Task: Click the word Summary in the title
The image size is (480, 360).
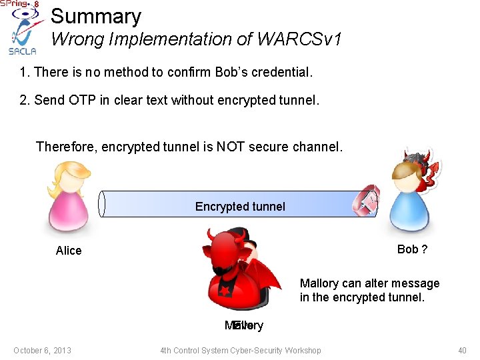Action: [96, 17]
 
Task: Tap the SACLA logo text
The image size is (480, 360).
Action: [22, 51]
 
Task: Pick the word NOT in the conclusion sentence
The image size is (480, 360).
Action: [230, 147]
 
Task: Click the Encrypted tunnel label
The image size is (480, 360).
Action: [239, 207]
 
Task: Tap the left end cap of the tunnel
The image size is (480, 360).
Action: [102, 204]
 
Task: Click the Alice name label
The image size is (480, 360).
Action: [69, 251]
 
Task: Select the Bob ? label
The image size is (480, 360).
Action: [412, 249]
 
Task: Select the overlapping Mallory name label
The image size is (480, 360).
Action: [244, 326]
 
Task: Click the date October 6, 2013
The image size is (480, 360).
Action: [42, 351]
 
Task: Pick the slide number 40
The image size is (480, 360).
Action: [462, 351]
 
